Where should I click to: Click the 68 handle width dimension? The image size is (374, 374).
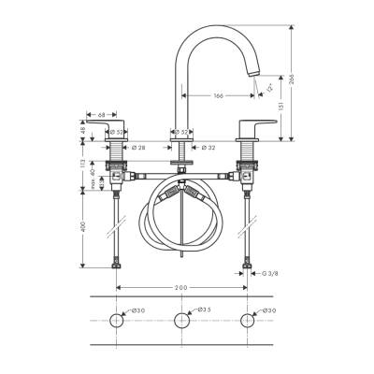tap(100, 116)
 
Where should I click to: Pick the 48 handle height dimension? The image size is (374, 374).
tap(82, 132)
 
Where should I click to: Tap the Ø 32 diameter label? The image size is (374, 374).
tap(210, 147)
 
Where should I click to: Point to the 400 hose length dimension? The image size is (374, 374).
tap(82, 227)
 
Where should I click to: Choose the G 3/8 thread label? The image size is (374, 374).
tap(268, 273)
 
